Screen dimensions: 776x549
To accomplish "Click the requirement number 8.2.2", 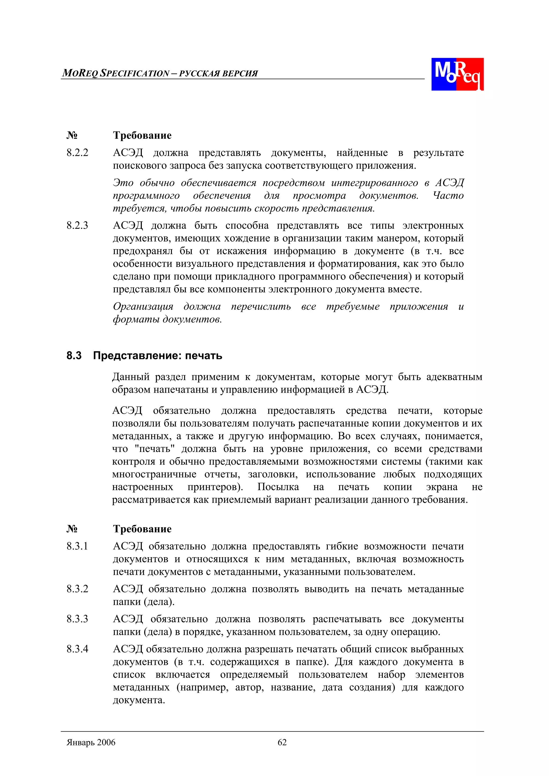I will coord(77,153).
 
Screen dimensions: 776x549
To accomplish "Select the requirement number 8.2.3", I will coord(77,226).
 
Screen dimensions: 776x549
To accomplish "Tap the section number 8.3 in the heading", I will coord(74,355).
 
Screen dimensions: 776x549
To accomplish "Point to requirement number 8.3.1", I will coord(77,546).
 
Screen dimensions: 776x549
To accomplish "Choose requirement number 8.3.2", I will coord(77,589).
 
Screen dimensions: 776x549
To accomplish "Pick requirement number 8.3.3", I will coord(77,619).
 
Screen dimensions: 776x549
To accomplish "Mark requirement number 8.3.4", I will coord(77,649).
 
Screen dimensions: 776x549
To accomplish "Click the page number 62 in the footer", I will coord(282,742).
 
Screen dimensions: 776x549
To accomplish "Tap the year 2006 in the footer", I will coord(106,742).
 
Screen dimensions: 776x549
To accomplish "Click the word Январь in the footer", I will coord(80,742).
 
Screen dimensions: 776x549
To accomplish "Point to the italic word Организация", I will coord(143,306).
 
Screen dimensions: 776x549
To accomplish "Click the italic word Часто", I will coord(448,195).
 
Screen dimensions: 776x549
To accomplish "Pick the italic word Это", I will coord(123,183).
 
